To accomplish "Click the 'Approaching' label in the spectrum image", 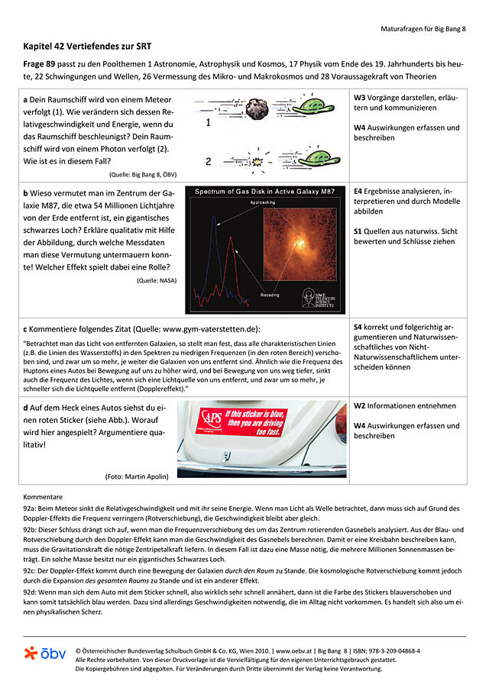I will [262, 203].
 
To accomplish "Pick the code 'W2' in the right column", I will [360, 406].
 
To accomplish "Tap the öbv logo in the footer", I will [44, 654].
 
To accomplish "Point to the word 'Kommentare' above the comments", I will [43, 496].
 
